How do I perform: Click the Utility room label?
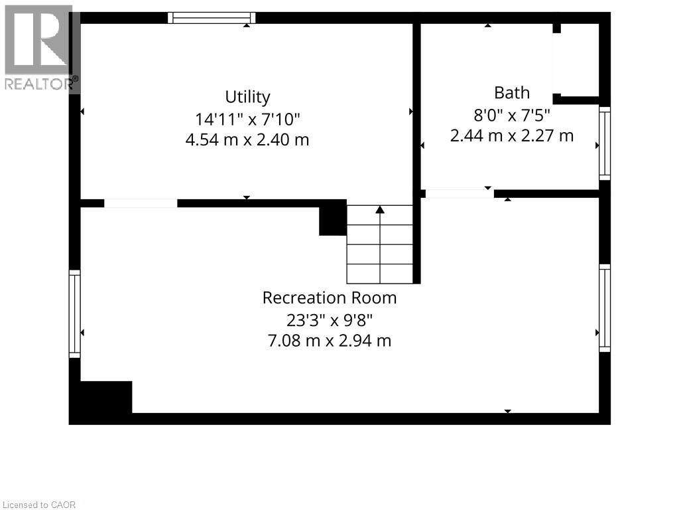coord(247,97)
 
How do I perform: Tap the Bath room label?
coord(511,92)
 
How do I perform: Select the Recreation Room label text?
coord(330,297)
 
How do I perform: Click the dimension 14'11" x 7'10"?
coord(247,119)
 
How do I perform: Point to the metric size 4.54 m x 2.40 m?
coord(247,140)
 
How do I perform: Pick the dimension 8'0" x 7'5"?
coord(511,114)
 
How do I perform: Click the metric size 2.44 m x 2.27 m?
coord(511,135)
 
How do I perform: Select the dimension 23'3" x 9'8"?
coord(330,319)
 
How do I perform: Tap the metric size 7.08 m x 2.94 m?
coord(330,341)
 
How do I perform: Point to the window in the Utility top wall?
coord(212,18)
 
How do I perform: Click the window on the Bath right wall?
coord(604,143)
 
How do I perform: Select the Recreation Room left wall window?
coord(75,314)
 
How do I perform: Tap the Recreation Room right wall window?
coord(604,307)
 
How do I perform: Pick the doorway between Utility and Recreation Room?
coord(141,203)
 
